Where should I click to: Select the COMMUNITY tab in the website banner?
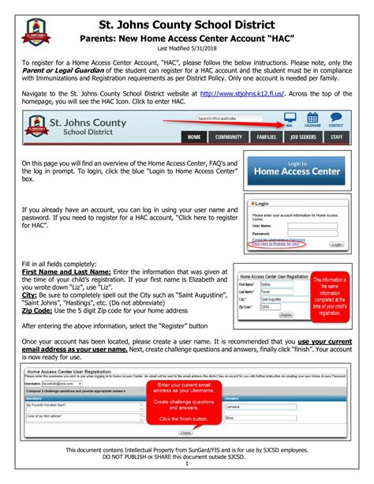228,137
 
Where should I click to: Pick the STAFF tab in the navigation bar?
337,137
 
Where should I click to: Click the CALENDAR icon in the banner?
312,121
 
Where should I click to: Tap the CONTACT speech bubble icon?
336,121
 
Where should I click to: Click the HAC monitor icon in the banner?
290,121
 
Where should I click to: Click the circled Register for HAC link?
275,244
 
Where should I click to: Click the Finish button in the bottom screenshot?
185,433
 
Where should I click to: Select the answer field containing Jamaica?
260,407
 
